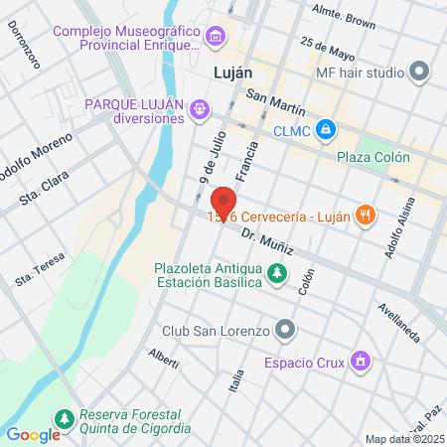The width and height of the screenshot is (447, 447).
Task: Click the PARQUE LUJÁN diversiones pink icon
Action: [200, 105]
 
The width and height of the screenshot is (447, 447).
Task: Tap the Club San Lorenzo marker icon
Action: [286, 329]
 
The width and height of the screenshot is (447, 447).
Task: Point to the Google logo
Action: [33, 433]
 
